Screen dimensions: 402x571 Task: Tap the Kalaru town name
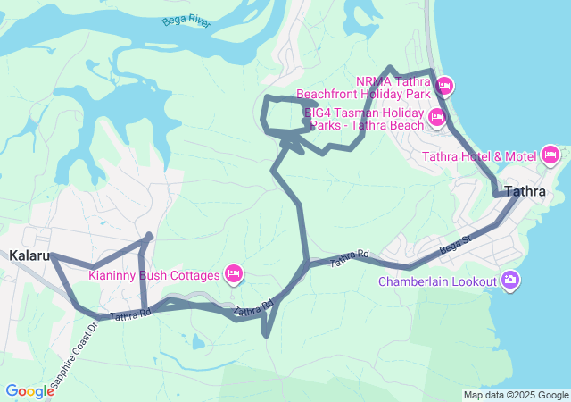[x=29, y=255]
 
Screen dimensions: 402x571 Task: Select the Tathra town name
[x=525, y=191]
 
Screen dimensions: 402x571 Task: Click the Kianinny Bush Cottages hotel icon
[x=234, y=273]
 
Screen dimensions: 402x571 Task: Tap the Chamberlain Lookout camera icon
[x=510, y=281]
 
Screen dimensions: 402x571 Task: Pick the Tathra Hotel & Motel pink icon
[x=550, y=156]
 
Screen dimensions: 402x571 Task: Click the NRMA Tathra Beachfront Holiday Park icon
[x=445, y=87]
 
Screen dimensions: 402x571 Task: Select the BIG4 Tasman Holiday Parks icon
[x=436, y=117]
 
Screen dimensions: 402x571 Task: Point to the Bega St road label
[x=455, y=242]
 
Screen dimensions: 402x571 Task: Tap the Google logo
[x=29, y=390]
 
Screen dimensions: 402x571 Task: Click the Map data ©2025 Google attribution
[x=516, y=395]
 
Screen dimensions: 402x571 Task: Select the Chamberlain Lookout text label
[x=436, y=281]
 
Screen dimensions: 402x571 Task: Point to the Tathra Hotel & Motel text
[x=478, y=156]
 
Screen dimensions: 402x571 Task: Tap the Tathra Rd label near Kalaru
[x=130, y=314]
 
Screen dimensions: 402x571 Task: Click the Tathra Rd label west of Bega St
[x=349, y=259]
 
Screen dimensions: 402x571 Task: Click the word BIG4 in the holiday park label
[x=319, y=113]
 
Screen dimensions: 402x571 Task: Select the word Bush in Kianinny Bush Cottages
[x=154, y=274]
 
